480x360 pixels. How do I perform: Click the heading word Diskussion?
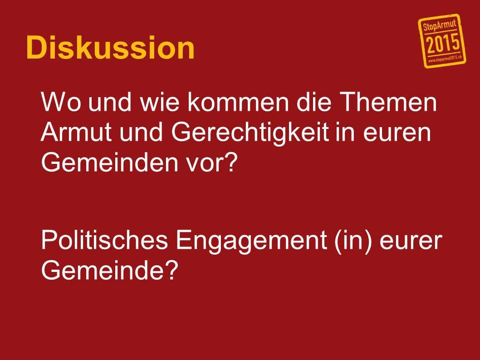[x=110, y=48]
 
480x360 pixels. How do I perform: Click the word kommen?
[x=238, y=102]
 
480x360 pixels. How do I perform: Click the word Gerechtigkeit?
[x=250, y=133]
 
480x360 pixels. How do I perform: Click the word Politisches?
[x=104, y=240]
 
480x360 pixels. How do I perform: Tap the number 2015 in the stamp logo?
[x=443, y=43]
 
